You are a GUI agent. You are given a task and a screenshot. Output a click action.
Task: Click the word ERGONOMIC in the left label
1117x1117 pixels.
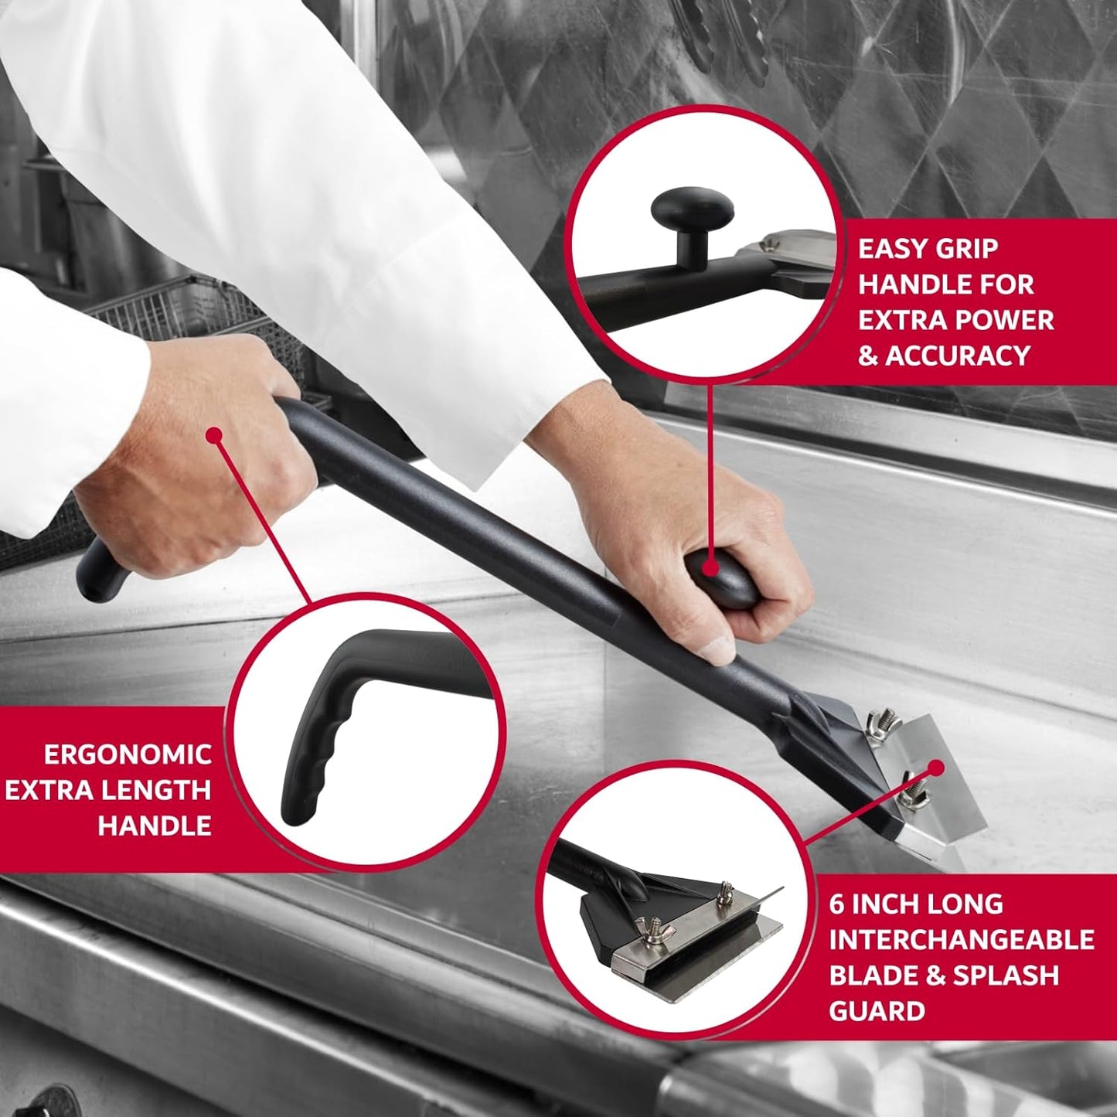(128, 754)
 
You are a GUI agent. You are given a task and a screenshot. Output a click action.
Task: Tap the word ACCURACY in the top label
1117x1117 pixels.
(958, 356)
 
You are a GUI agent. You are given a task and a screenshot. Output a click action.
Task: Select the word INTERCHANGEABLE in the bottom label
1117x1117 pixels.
(962, 940)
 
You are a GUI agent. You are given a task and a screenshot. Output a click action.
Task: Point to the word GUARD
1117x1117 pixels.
(877, 1011)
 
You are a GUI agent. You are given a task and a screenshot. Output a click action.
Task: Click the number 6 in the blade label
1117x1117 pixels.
(836, 904)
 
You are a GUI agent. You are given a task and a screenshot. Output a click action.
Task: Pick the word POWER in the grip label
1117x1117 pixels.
(1004, 320)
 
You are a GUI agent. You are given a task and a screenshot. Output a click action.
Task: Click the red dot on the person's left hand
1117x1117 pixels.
(215, 436)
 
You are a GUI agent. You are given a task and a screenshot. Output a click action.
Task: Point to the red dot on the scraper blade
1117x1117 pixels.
(936, 768)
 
